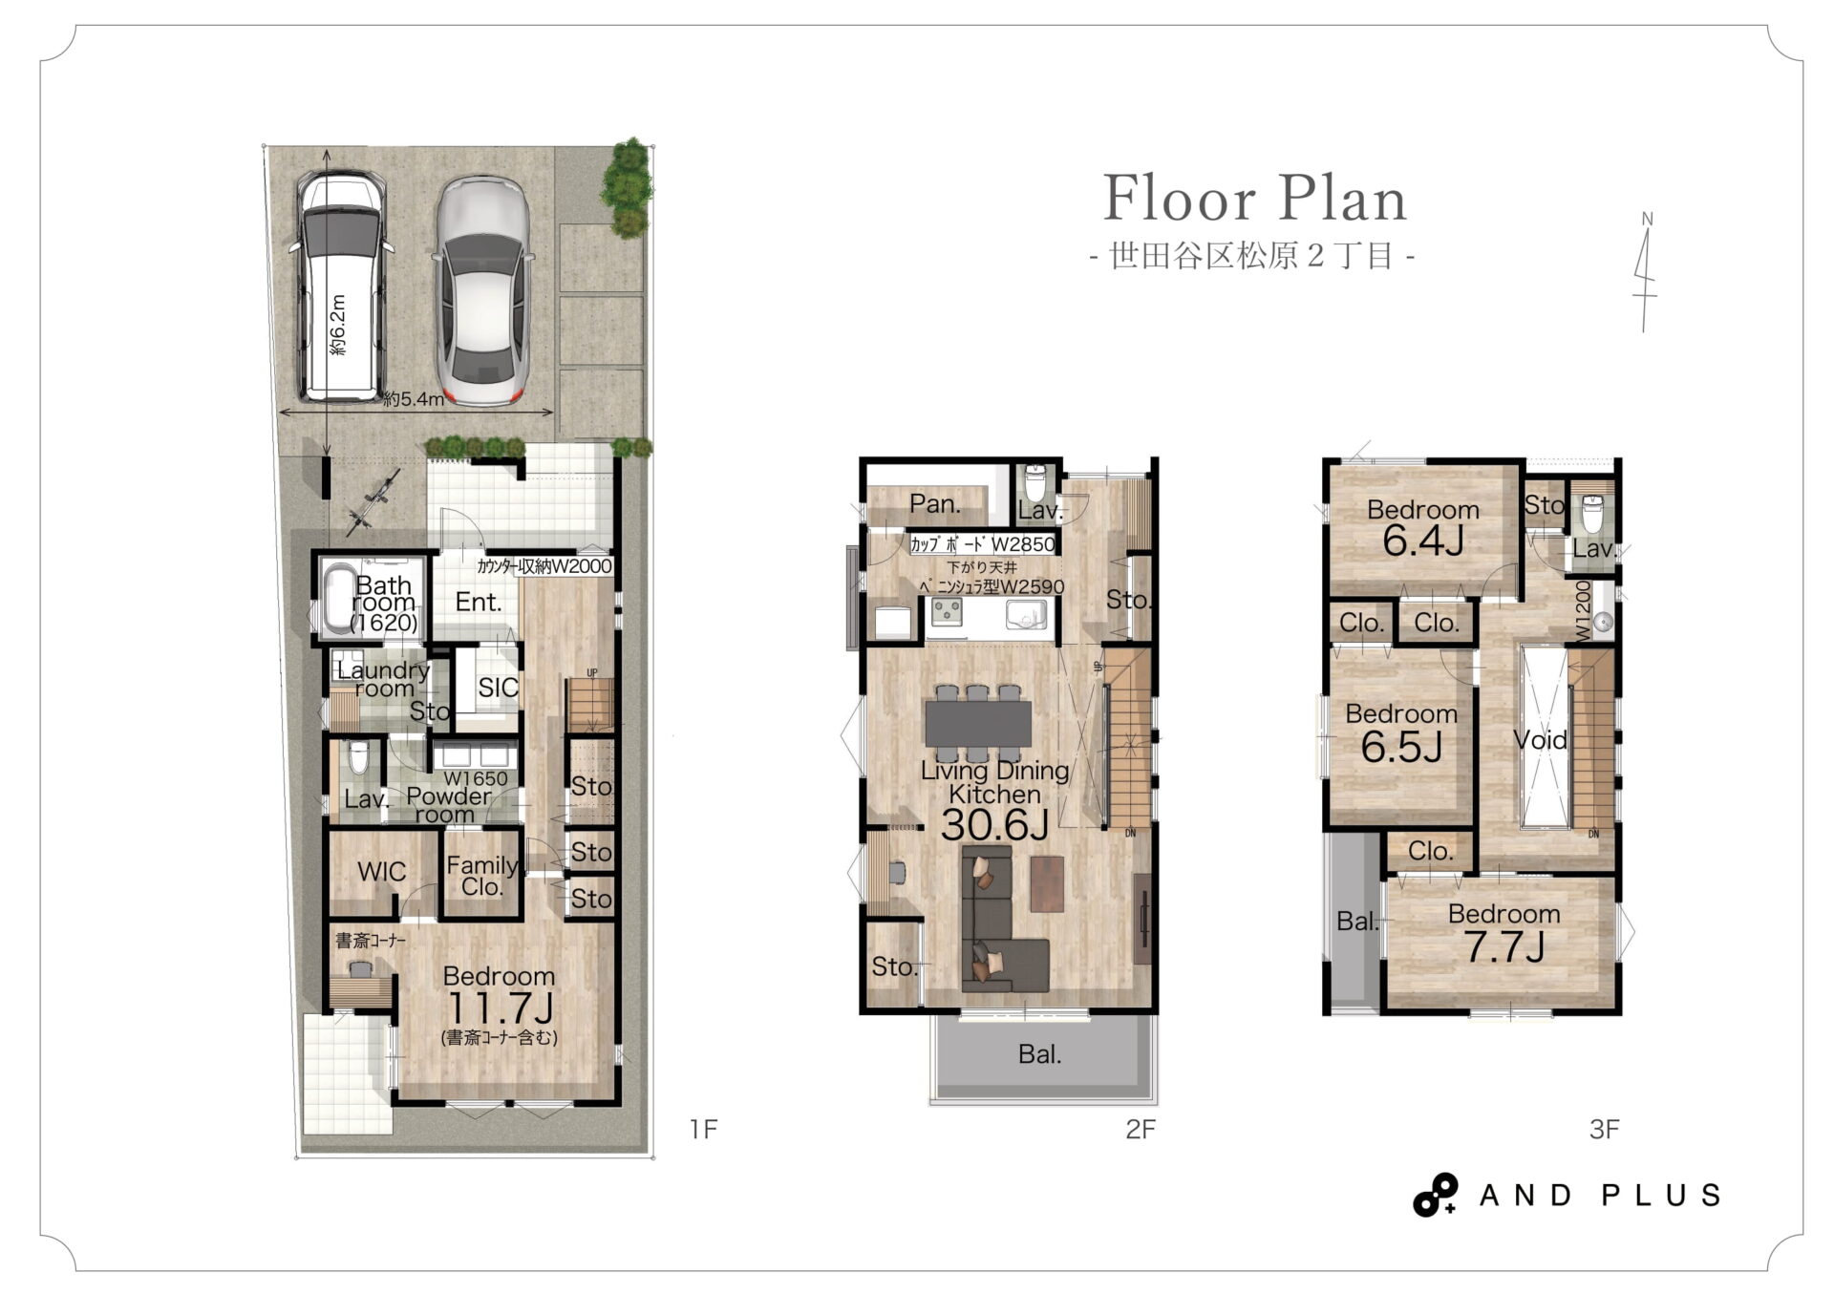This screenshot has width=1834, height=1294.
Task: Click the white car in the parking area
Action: (341, 286)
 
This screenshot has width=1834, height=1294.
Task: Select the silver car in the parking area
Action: (482, 291)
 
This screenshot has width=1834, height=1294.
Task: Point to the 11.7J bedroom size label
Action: (500, 1008)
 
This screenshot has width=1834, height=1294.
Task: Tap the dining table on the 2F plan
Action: (978, 722)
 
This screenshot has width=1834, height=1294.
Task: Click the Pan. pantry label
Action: (934, 503)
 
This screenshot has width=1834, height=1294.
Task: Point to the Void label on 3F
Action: (1540, 739)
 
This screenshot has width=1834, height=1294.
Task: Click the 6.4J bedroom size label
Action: (1423, 541)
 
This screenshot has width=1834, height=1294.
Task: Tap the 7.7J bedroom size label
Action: (1504, 946)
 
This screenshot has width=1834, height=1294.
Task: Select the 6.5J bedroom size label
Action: (1401, 747)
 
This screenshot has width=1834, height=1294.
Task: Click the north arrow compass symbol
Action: (1645, 272)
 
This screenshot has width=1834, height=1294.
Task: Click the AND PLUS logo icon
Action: (1435, 1195)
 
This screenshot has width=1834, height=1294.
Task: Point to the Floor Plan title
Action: (1254, 199)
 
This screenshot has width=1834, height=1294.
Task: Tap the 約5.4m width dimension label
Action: (414, 399)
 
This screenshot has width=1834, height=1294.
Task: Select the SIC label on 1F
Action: (498, 687)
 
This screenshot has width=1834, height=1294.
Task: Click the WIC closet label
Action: (381, 871)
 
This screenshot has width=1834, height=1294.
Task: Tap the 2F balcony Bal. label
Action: (1039, 1054)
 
